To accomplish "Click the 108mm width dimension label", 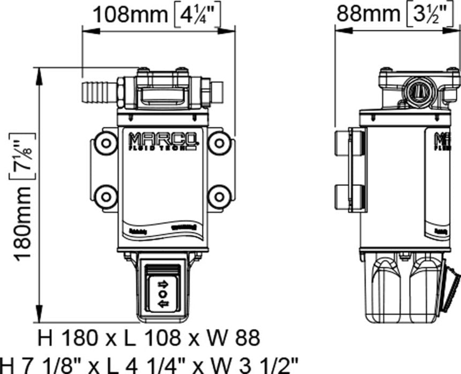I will pos(130,14).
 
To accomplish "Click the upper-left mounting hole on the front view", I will pos(106,143).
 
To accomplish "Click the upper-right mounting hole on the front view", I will pos(219,143).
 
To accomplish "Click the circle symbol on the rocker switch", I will pos(162,294).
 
